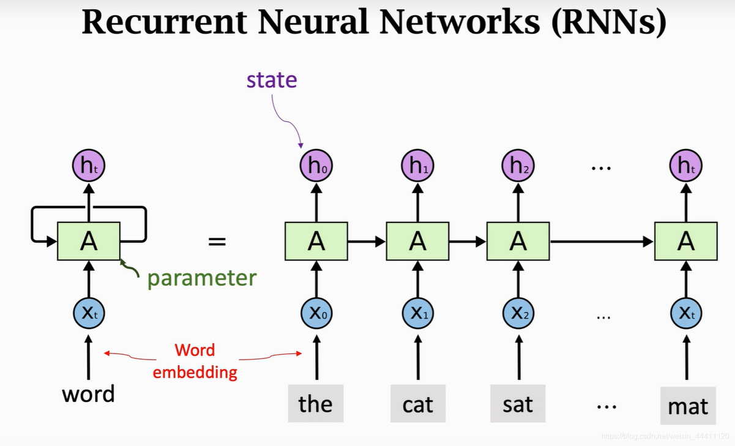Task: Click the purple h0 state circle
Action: tap(316, 165)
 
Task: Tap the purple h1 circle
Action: tap(418, 165)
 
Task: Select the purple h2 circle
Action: tap(518, 165)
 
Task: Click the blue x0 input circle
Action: tap(316, 314)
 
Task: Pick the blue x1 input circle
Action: tap(418, 314)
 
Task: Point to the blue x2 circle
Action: tap(518, 314)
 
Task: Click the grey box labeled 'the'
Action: tap(316, 404)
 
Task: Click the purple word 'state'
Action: tap(272, 80)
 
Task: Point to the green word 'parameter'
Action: tap(202, 278)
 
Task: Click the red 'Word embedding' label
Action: tap(195, 361)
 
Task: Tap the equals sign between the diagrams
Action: tap(217, 242)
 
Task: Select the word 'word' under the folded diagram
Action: tap(88, 394)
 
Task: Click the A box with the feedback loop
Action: tap(89, 242)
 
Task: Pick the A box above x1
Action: tap(418, 242)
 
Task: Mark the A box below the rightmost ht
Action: tap(686, 242)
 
